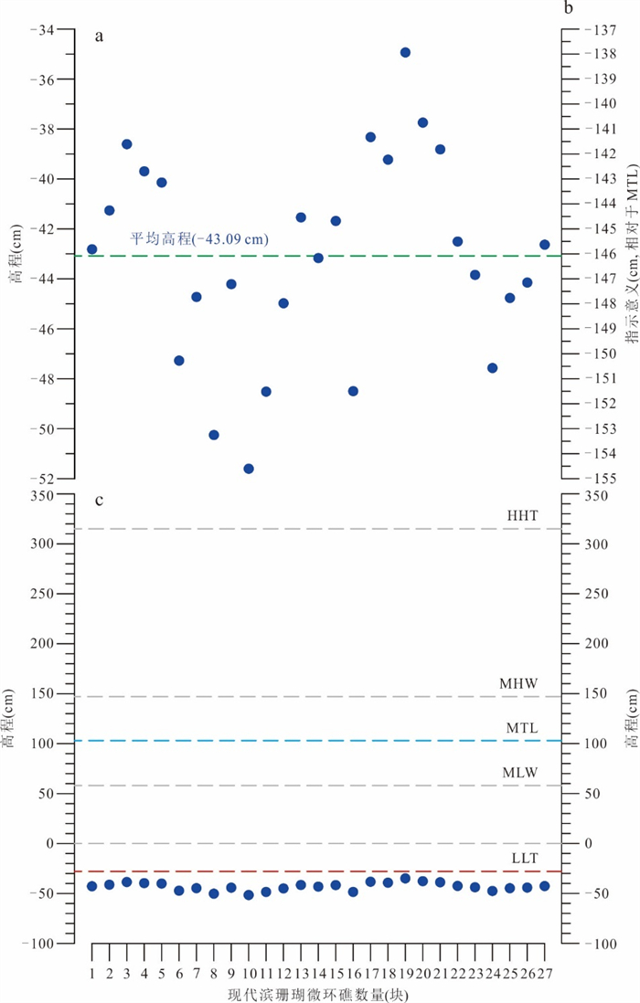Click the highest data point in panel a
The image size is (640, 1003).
point(405,52)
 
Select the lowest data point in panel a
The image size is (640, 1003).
point(249,469)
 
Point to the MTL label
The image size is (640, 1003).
point(522,727)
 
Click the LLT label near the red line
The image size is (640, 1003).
point(525,859)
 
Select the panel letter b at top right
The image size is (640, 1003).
point(569,9)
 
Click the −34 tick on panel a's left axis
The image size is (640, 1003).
point(42,30)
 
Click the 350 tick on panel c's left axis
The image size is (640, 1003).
point(42,494)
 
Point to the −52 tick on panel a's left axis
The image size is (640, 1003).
point(42,478)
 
